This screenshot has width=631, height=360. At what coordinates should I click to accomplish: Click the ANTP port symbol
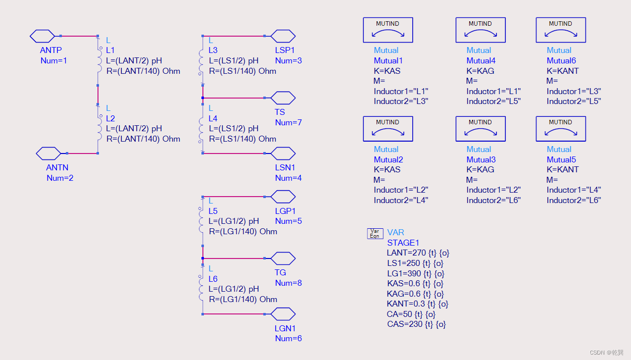(x=42, y=36)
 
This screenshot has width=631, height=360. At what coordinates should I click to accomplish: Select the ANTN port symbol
(x=49, y=154)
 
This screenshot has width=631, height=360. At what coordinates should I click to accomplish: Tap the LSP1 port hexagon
(x=283, y=36)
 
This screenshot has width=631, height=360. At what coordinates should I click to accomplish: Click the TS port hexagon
(x=283, y=98)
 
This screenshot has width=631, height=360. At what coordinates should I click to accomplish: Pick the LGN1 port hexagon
(x=283, y=314)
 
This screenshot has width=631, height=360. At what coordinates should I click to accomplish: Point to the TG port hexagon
(x=283, y=258)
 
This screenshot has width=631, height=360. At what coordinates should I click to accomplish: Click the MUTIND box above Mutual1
(x=388, y=30)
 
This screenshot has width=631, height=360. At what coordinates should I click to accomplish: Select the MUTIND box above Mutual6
(x=560, y=30)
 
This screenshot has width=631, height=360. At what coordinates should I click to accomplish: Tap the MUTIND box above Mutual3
(x=480, y=129)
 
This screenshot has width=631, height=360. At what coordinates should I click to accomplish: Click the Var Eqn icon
(x=375, y=234)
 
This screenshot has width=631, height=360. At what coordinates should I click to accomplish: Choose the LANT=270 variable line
(x=418, y=253)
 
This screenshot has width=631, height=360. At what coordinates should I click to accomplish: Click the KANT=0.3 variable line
(x=417, y=304)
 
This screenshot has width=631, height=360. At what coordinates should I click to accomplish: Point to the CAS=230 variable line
(x=416, y=324)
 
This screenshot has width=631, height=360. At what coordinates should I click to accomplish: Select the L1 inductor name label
(x=110, y=51)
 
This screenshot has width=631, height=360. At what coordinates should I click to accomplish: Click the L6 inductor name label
(x=213, y=279)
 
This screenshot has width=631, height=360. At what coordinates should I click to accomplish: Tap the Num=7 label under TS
(x=288, y=122)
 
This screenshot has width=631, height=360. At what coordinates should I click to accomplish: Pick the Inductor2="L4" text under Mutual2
(x=400, y=200)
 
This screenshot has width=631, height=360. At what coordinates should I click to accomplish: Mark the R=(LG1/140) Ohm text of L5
(x=243, y=231)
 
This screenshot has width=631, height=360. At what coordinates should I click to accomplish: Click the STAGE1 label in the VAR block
(x=403, y=243)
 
